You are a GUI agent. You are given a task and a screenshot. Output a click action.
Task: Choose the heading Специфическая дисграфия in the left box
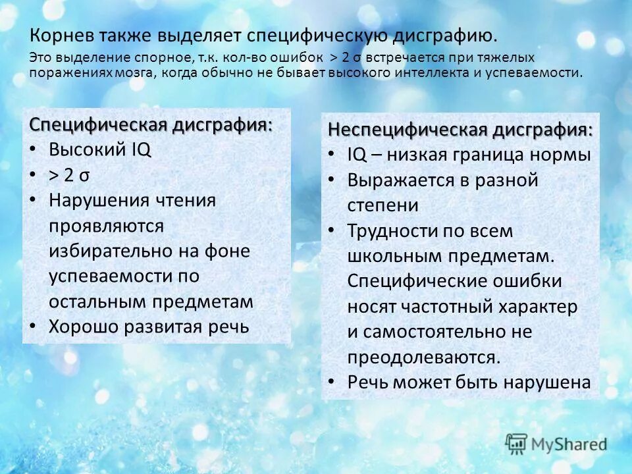(151, 124)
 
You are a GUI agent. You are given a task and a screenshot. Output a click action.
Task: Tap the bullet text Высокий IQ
(100, 149)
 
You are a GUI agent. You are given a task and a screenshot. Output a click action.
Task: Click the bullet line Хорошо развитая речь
(149, 327)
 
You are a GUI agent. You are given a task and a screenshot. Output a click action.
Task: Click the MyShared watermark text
(569, 444)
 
